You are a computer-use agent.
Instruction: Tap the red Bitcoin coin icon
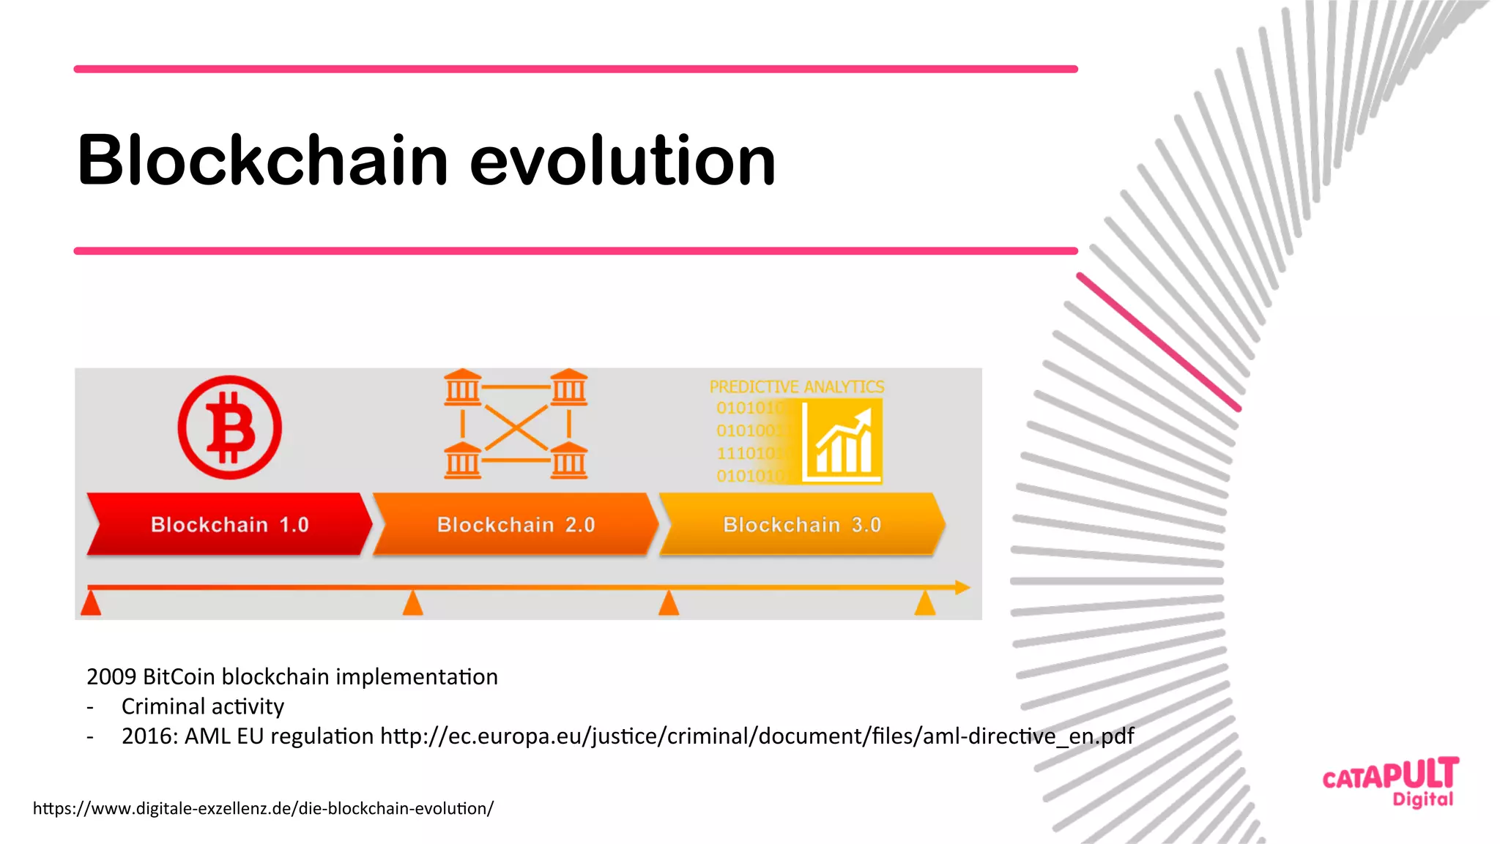click(x=229, y=427)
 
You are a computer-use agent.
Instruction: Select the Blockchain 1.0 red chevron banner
click(x=229, y=524)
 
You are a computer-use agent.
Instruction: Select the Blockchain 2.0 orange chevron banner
click(x=516, y=524)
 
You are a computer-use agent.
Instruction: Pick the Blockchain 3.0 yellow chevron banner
click(x=801, y=524)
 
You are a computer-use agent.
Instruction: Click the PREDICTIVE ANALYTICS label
click(x=796, y=386)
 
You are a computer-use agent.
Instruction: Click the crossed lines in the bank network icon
click(x=516, y=427)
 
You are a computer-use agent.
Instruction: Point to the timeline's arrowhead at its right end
click(x=962, y=587)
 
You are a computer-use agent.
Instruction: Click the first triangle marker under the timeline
click(x=91, y=604)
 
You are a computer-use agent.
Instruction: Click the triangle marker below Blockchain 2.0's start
click(x=413, y=604)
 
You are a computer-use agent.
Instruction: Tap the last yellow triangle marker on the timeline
click(x=925, y=604)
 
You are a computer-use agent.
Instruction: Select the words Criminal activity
click(x=202, y=706)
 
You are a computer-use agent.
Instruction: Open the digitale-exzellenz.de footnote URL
click(x=263, y=808)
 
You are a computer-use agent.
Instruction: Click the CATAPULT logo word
click(x=1390, y=774)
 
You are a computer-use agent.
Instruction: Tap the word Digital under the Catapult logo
click(x=1422, y=799)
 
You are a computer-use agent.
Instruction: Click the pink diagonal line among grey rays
click(x=1158, y=342)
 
